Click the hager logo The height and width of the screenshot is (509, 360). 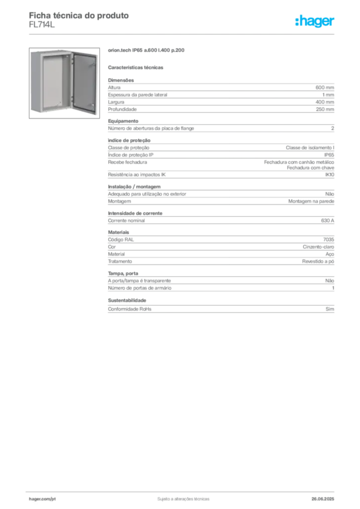(315, 21)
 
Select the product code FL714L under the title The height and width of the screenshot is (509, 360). (42, 24)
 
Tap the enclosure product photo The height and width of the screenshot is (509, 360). (64, 83)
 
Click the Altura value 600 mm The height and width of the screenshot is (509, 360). (325, 87)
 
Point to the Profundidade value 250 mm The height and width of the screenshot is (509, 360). (325, 109)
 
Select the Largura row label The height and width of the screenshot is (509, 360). (116, 102)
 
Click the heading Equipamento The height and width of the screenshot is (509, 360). (123, 121)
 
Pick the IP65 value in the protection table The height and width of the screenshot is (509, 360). (329, 155)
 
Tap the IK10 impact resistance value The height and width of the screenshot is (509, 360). (330, 174)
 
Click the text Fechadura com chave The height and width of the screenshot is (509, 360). (310, 168)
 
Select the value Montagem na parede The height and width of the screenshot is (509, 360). (311, 201)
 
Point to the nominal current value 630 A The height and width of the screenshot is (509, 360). (328, 220)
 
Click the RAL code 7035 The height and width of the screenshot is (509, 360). (329, 240)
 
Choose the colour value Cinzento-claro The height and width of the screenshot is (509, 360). (318, 247)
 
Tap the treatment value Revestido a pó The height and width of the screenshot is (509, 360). (318, 261)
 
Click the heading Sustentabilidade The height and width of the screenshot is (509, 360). (127, 300)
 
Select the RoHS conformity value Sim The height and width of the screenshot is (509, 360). (330, 309)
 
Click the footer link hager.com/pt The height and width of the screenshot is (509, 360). (42, 499)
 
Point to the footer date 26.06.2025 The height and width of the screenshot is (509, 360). (323, 499)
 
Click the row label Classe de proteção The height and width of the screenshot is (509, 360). (129, 148)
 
